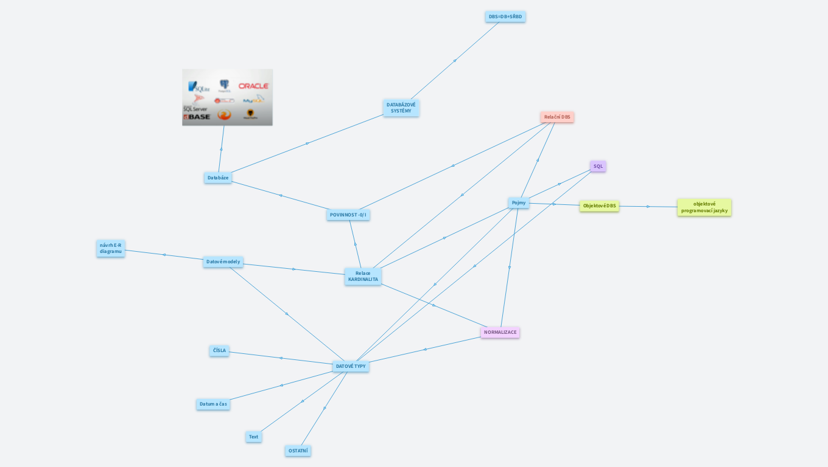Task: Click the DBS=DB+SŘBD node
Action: click(x=505, y=16)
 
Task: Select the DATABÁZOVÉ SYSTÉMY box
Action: click(x=401, y=108)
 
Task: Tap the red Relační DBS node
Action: click(x=557, y=117)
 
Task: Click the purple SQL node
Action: click(x=598, y=166)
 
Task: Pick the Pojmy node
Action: click(x=519, y=202)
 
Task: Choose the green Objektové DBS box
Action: click(x=599, y=206)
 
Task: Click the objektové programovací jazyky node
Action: click(x=704, y=207)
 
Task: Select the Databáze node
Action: click(x=218, y=178)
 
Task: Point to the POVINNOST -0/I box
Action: click(x=348, y=215)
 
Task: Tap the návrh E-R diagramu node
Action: click(x=111, y=248)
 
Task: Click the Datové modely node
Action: click(x=223, y=261)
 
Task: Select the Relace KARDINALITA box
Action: click(x=363, y=276)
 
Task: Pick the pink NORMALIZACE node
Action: click(x=500, y=332)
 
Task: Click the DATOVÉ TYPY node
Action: click(x=351, y=366)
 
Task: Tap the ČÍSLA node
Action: click(x=219, y=350)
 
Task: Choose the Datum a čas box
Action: click(x=213, y=404)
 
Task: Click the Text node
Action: click(x=254, y=437)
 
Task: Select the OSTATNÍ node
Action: click(x=298, y=451)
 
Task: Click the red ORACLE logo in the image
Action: click(x=253, y=86)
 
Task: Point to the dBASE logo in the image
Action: click(x=197, y=116)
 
